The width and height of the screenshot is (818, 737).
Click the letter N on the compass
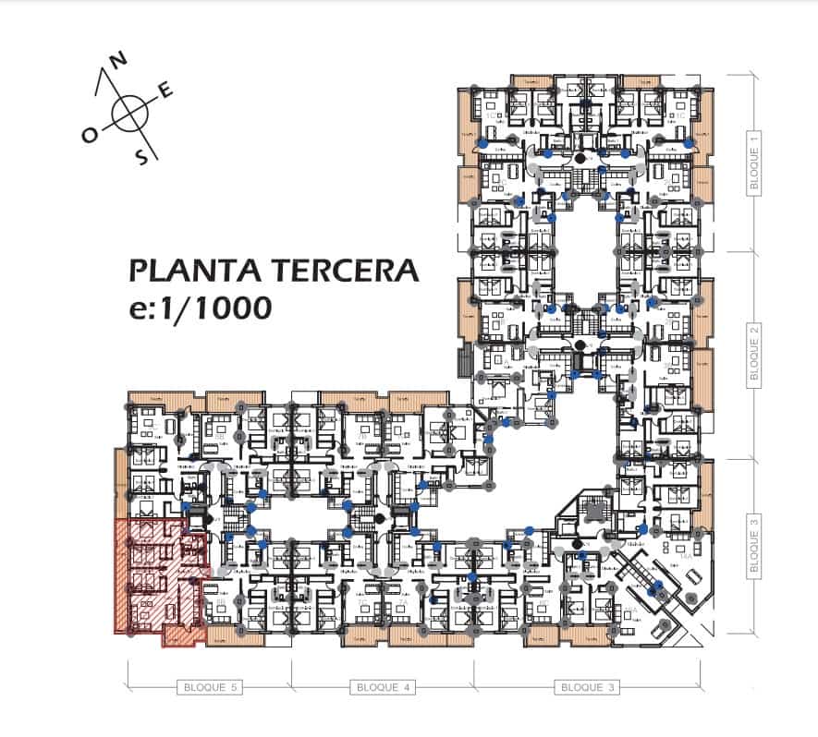(118, 60)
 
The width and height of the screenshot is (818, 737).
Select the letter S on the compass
(142, 156)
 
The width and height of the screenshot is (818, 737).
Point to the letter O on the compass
(90, 135)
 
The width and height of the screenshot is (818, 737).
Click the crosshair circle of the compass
(130, 113)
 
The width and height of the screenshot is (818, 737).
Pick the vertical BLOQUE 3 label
(754, 547)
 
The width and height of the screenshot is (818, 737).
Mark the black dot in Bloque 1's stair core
(580, 160)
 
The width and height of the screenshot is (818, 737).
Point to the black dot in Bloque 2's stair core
(580, 344)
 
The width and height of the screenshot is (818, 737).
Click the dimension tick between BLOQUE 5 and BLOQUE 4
(292, 687)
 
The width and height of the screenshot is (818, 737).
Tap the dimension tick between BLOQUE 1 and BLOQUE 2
(754, 251)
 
